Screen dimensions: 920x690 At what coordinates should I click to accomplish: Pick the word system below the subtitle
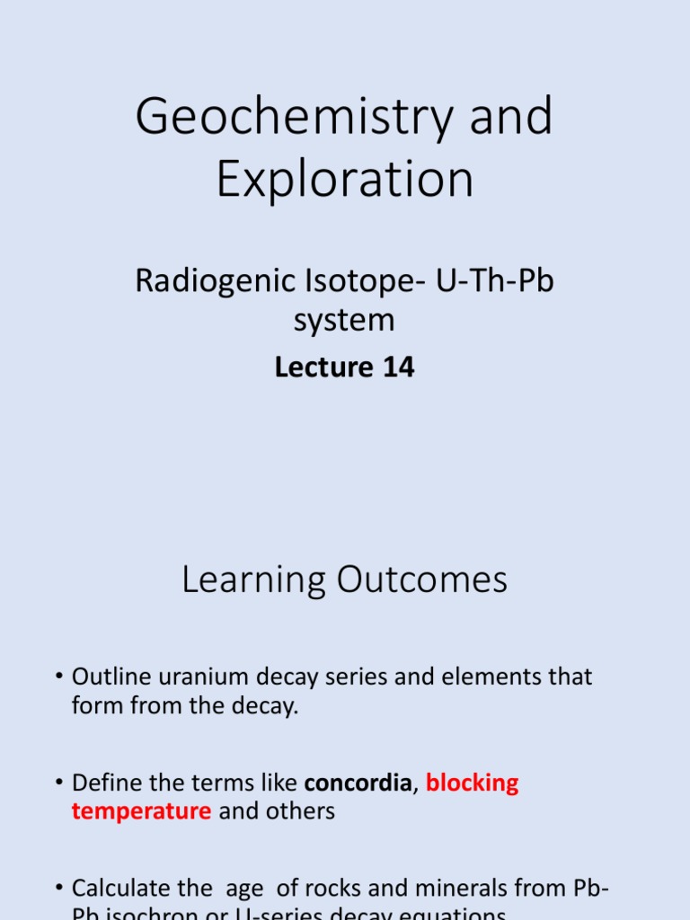coord(345,320)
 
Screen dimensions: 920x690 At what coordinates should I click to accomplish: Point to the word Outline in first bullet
coord(108,677)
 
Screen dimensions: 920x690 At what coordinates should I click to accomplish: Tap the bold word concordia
coord(357,783)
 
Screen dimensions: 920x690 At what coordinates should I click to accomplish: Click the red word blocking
coord(472,783)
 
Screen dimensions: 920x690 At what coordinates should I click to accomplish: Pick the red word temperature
coord(141,811)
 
